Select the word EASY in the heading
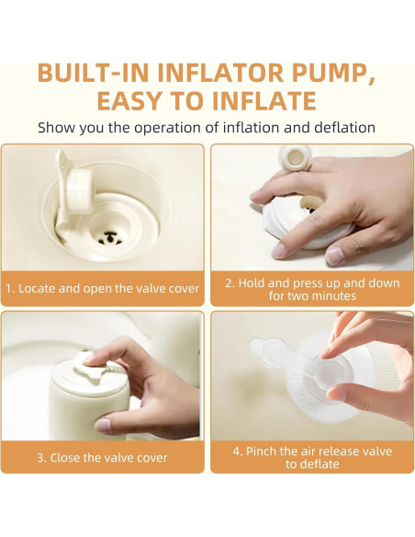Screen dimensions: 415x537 coord(129,101)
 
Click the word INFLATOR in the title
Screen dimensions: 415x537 coord(220,73)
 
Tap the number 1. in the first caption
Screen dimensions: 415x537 coord(10,289)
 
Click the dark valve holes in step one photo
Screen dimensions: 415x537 coord(110,238)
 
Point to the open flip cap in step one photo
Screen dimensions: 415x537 coord(76,191)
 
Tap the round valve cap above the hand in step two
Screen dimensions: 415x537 coord(296,159)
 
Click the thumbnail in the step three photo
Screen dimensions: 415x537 coord(102,426)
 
